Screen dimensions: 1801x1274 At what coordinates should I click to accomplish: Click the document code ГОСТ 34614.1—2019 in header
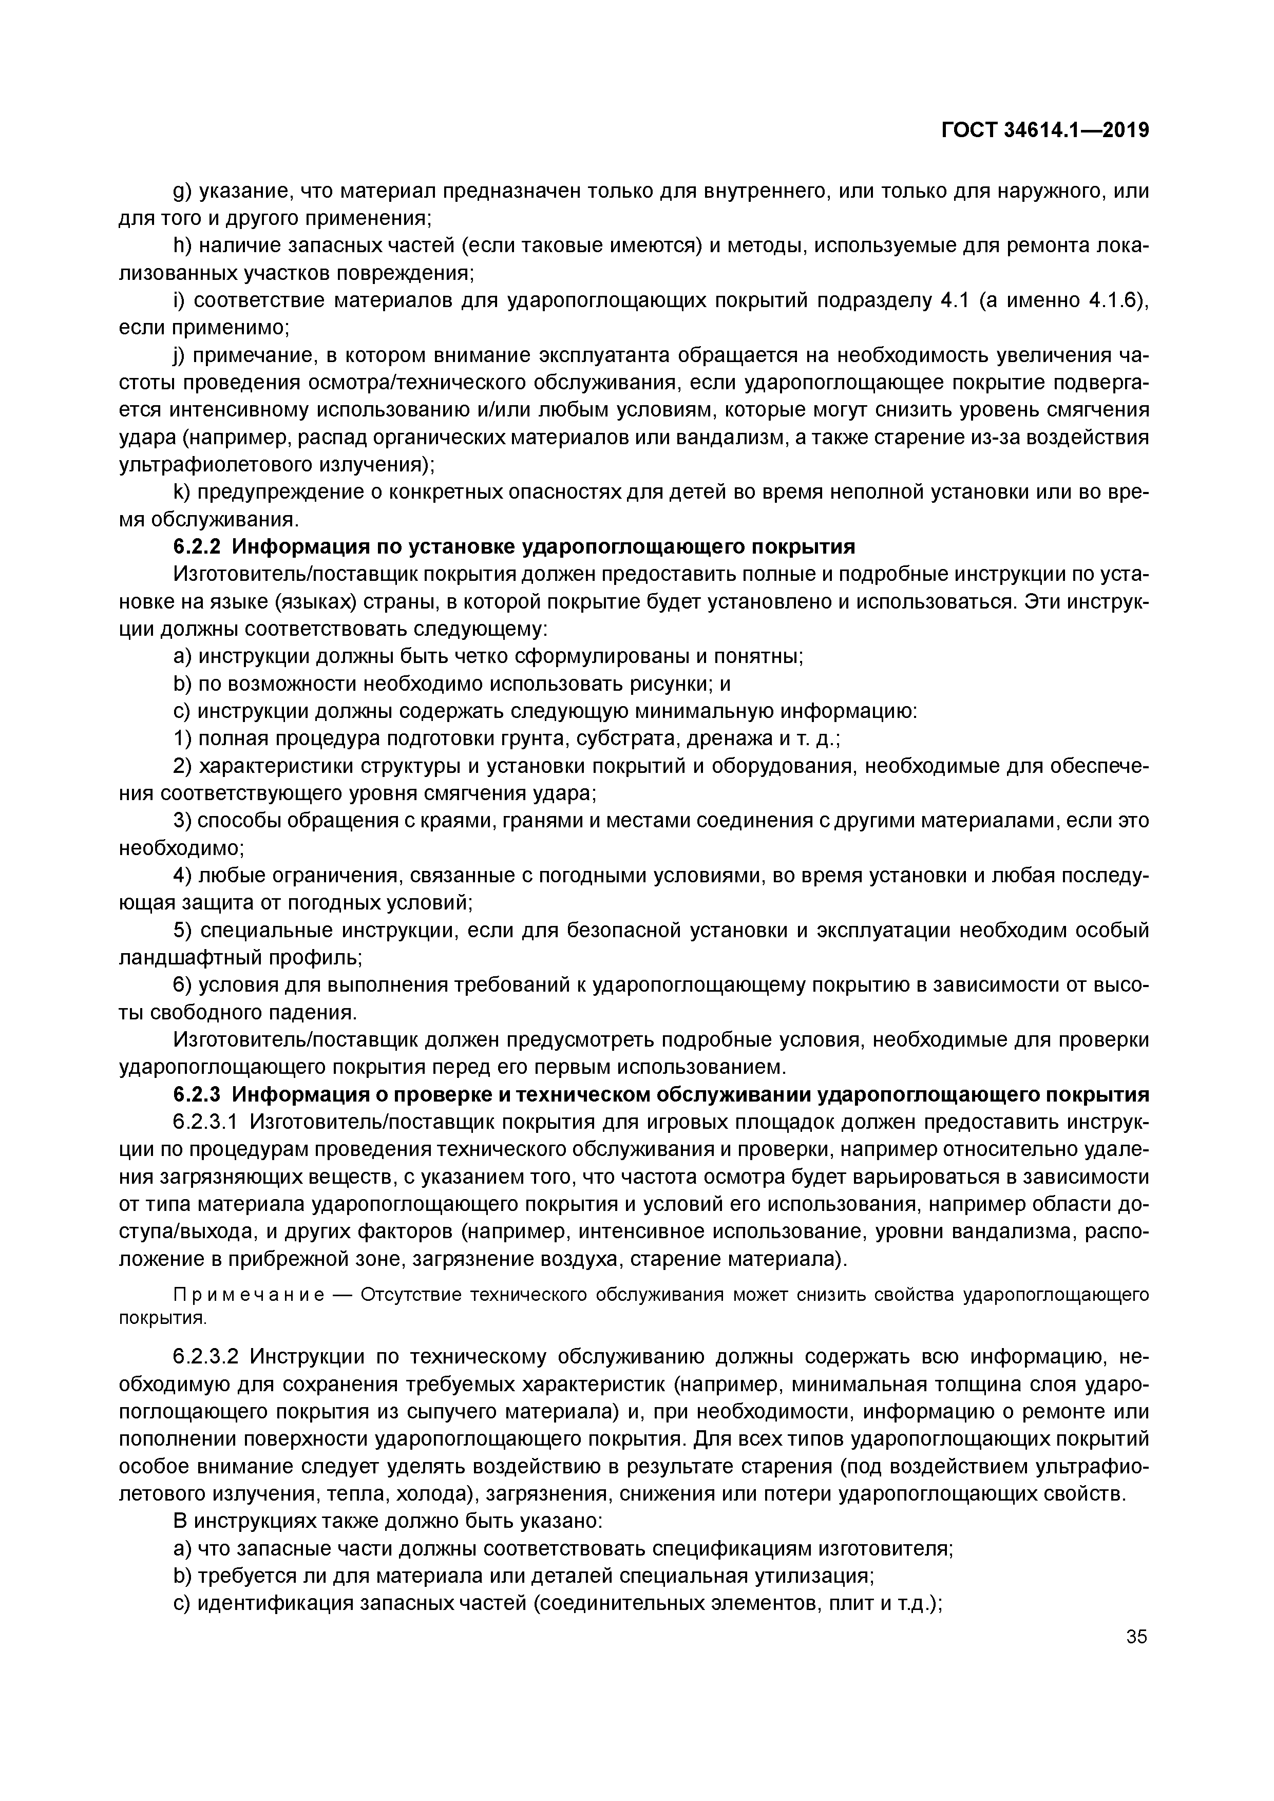pyautogui.click(x=1045, y=131)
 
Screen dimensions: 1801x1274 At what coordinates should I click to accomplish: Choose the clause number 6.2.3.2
pyautogui.click(x=208, y=1357)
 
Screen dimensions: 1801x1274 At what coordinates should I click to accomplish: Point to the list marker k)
pyautogui.click(x=181, y=492)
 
